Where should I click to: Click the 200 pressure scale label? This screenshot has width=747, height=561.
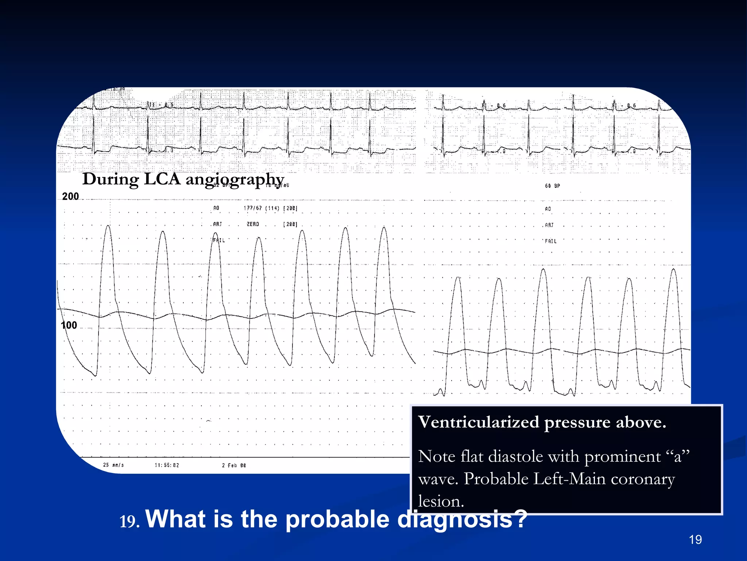pyautogui.click(x=70, y=196)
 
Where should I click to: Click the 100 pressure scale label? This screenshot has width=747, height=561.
pyautogui.click(x=69, y=325)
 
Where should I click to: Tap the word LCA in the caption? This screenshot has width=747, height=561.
pyautogui.click(x=162, y=179)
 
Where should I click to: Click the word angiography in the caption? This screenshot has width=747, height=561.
pyautogui.click(x=235, y=180)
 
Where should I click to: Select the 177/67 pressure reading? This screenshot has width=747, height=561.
pyautogui.click(x=253, y=208)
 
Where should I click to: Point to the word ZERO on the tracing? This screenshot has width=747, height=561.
pyautogui.click(x=253, y=224)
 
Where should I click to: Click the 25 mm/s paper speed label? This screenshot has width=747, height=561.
pyautogui.click(x=113, y=465)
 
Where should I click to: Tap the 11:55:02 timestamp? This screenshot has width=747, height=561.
pyautogui.click(x=167, y=465)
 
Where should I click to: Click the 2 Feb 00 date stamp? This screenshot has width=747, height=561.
pyautogui.click(x=234, y=465)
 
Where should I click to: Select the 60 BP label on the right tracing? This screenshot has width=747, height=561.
pyautogui.click(x=552, y=186)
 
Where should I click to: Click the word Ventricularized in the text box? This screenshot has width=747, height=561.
pyautogui.click(x=478, y=422)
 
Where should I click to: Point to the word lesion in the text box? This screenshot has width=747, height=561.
pyautogui.click(x=441, y=501)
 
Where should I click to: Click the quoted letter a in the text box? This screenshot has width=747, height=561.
pyautogui.click(x=678, y=457)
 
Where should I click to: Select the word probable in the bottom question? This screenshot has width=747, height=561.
pyautogui.click(x=337, y=519)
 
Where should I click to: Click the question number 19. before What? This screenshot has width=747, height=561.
pyautogui.click(x=129, y=522)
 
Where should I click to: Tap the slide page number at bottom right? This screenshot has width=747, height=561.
pyautogui.click(x=695, y=539)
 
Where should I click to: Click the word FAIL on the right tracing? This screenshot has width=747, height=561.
pyautogui.click(x=551, y=241)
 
